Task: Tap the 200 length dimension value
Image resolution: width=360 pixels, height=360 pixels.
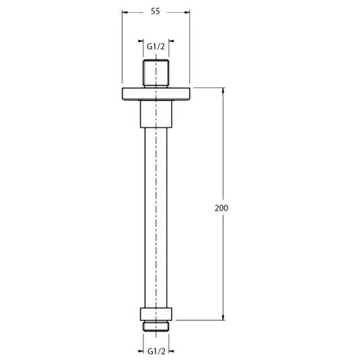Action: [221, 208]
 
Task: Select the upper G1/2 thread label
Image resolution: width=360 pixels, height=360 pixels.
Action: [155, 46]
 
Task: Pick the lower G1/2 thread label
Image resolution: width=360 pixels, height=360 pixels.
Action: [155, 351]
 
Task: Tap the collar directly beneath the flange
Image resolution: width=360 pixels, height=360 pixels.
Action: [155, 113]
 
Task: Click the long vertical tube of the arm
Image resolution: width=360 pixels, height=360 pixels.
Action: [155, 215]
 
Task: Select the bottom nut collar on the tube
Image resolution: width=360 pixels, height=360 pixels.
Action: [155, 313]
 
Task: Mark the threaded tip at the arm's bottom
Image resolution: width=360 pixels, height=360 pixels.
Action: [155, 325]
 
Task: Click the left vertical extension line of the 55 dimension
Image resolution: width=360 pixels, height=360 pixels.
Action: [122, 47]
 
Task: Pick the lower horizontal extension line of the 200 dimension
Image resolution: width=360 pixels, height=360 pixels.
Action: [202, 318]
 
